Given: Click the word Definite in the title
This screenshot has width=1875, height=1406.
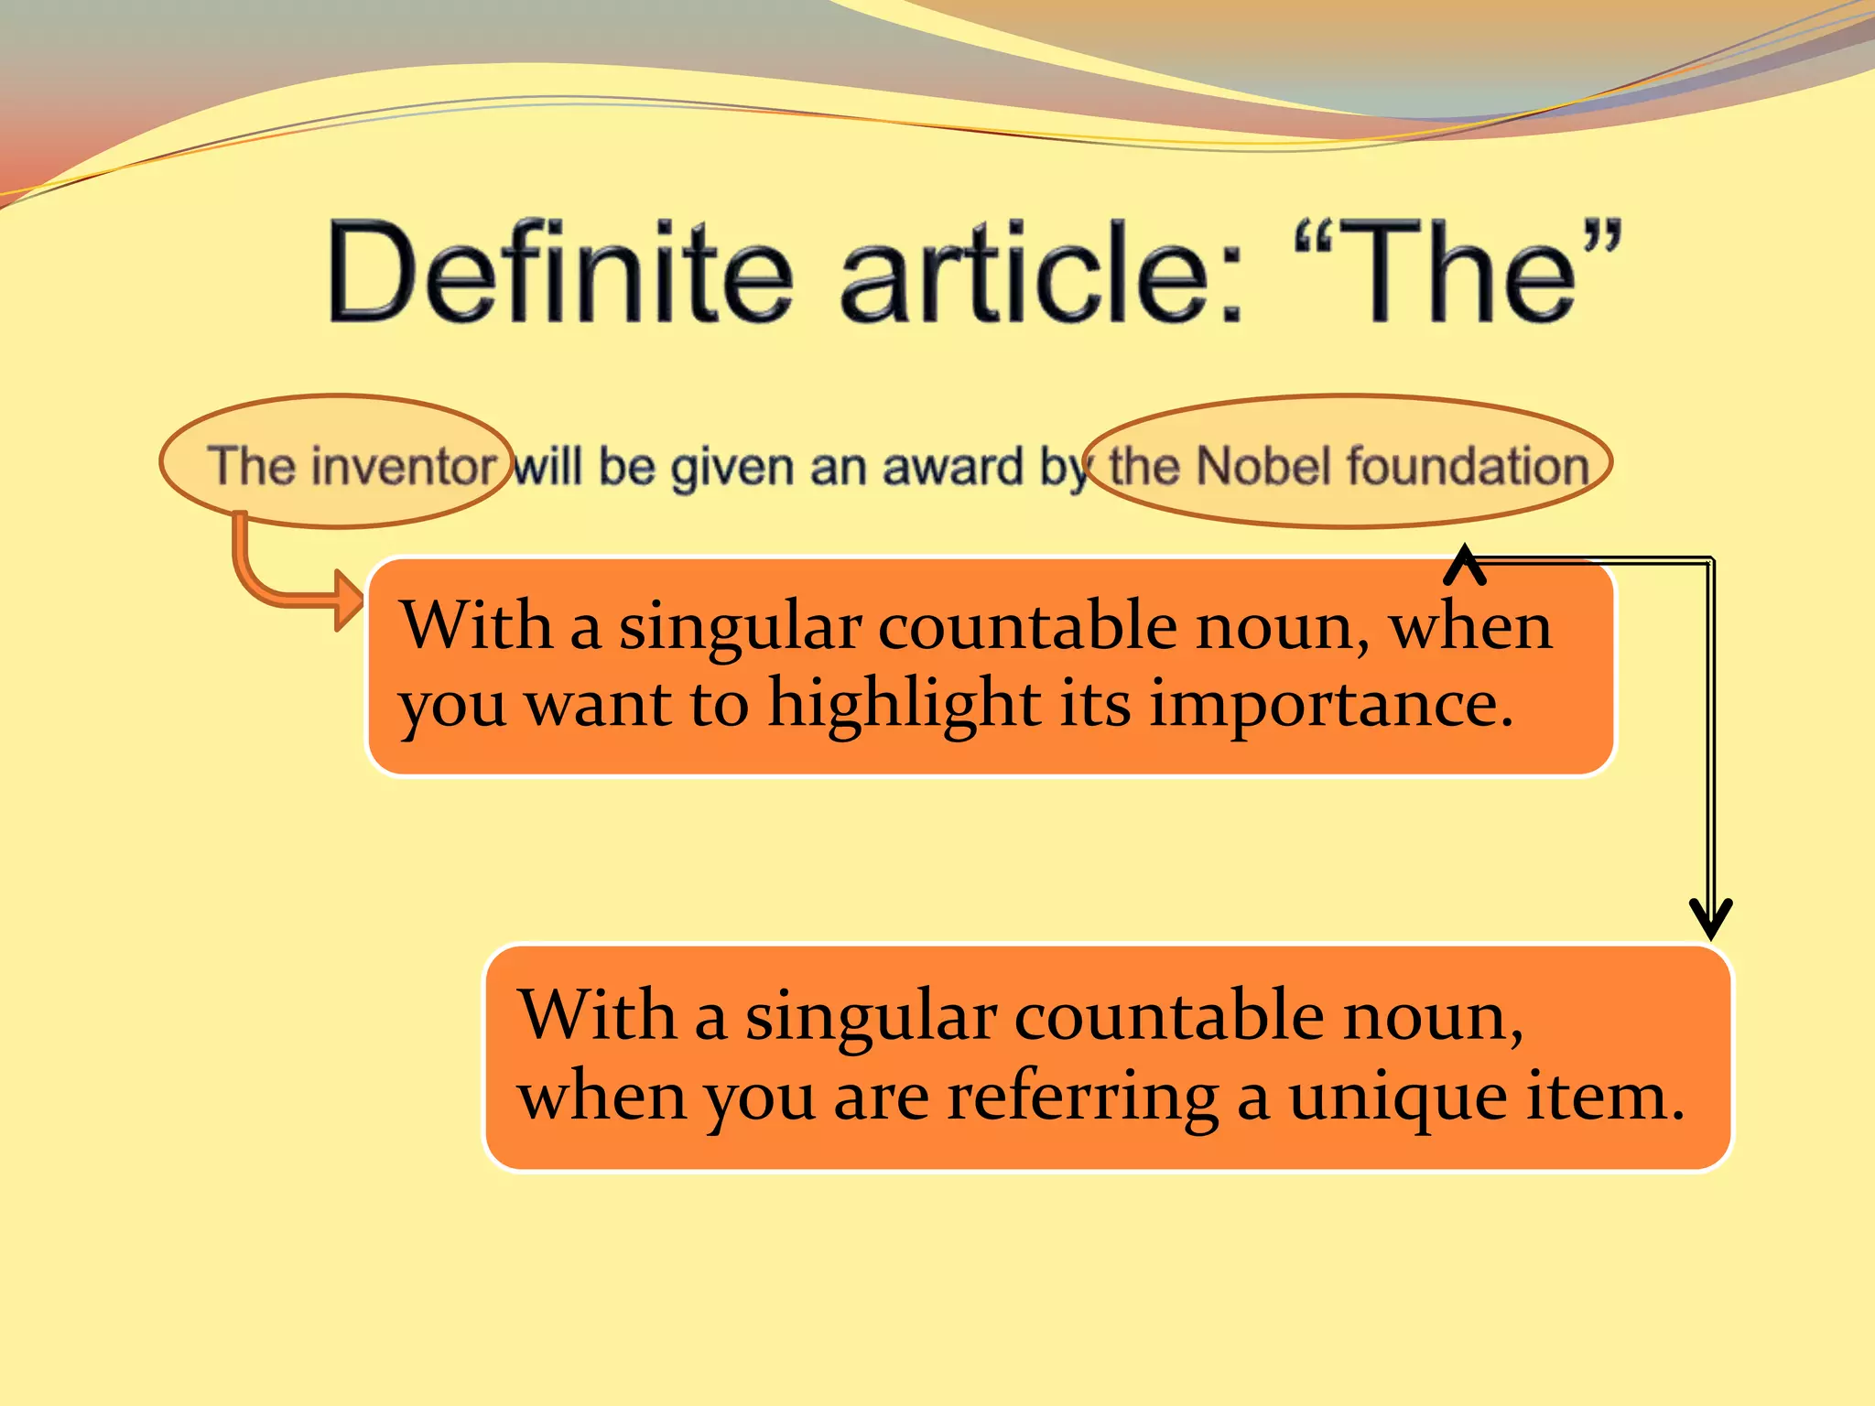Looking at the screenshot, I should tap(559, 272).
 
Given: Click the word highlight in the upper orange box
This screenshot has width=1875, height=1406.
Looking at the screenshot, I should tap(904, 706).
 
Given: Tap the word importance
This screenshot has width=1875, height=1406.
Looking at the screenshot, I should tap(1330, 706).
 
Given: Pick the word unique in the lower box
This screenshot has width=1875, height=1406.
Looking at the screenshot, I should tap(1397, 1098).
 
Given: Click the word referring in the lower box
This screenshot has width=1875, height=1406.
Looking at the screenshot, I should tap(1082, 1098).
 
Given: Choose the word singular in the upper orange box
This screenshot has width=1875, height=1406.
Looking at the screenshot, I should tap(740, 628).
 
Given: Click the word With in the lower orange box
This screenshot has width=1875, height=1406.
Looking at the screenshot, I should tap(596, 1015).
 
